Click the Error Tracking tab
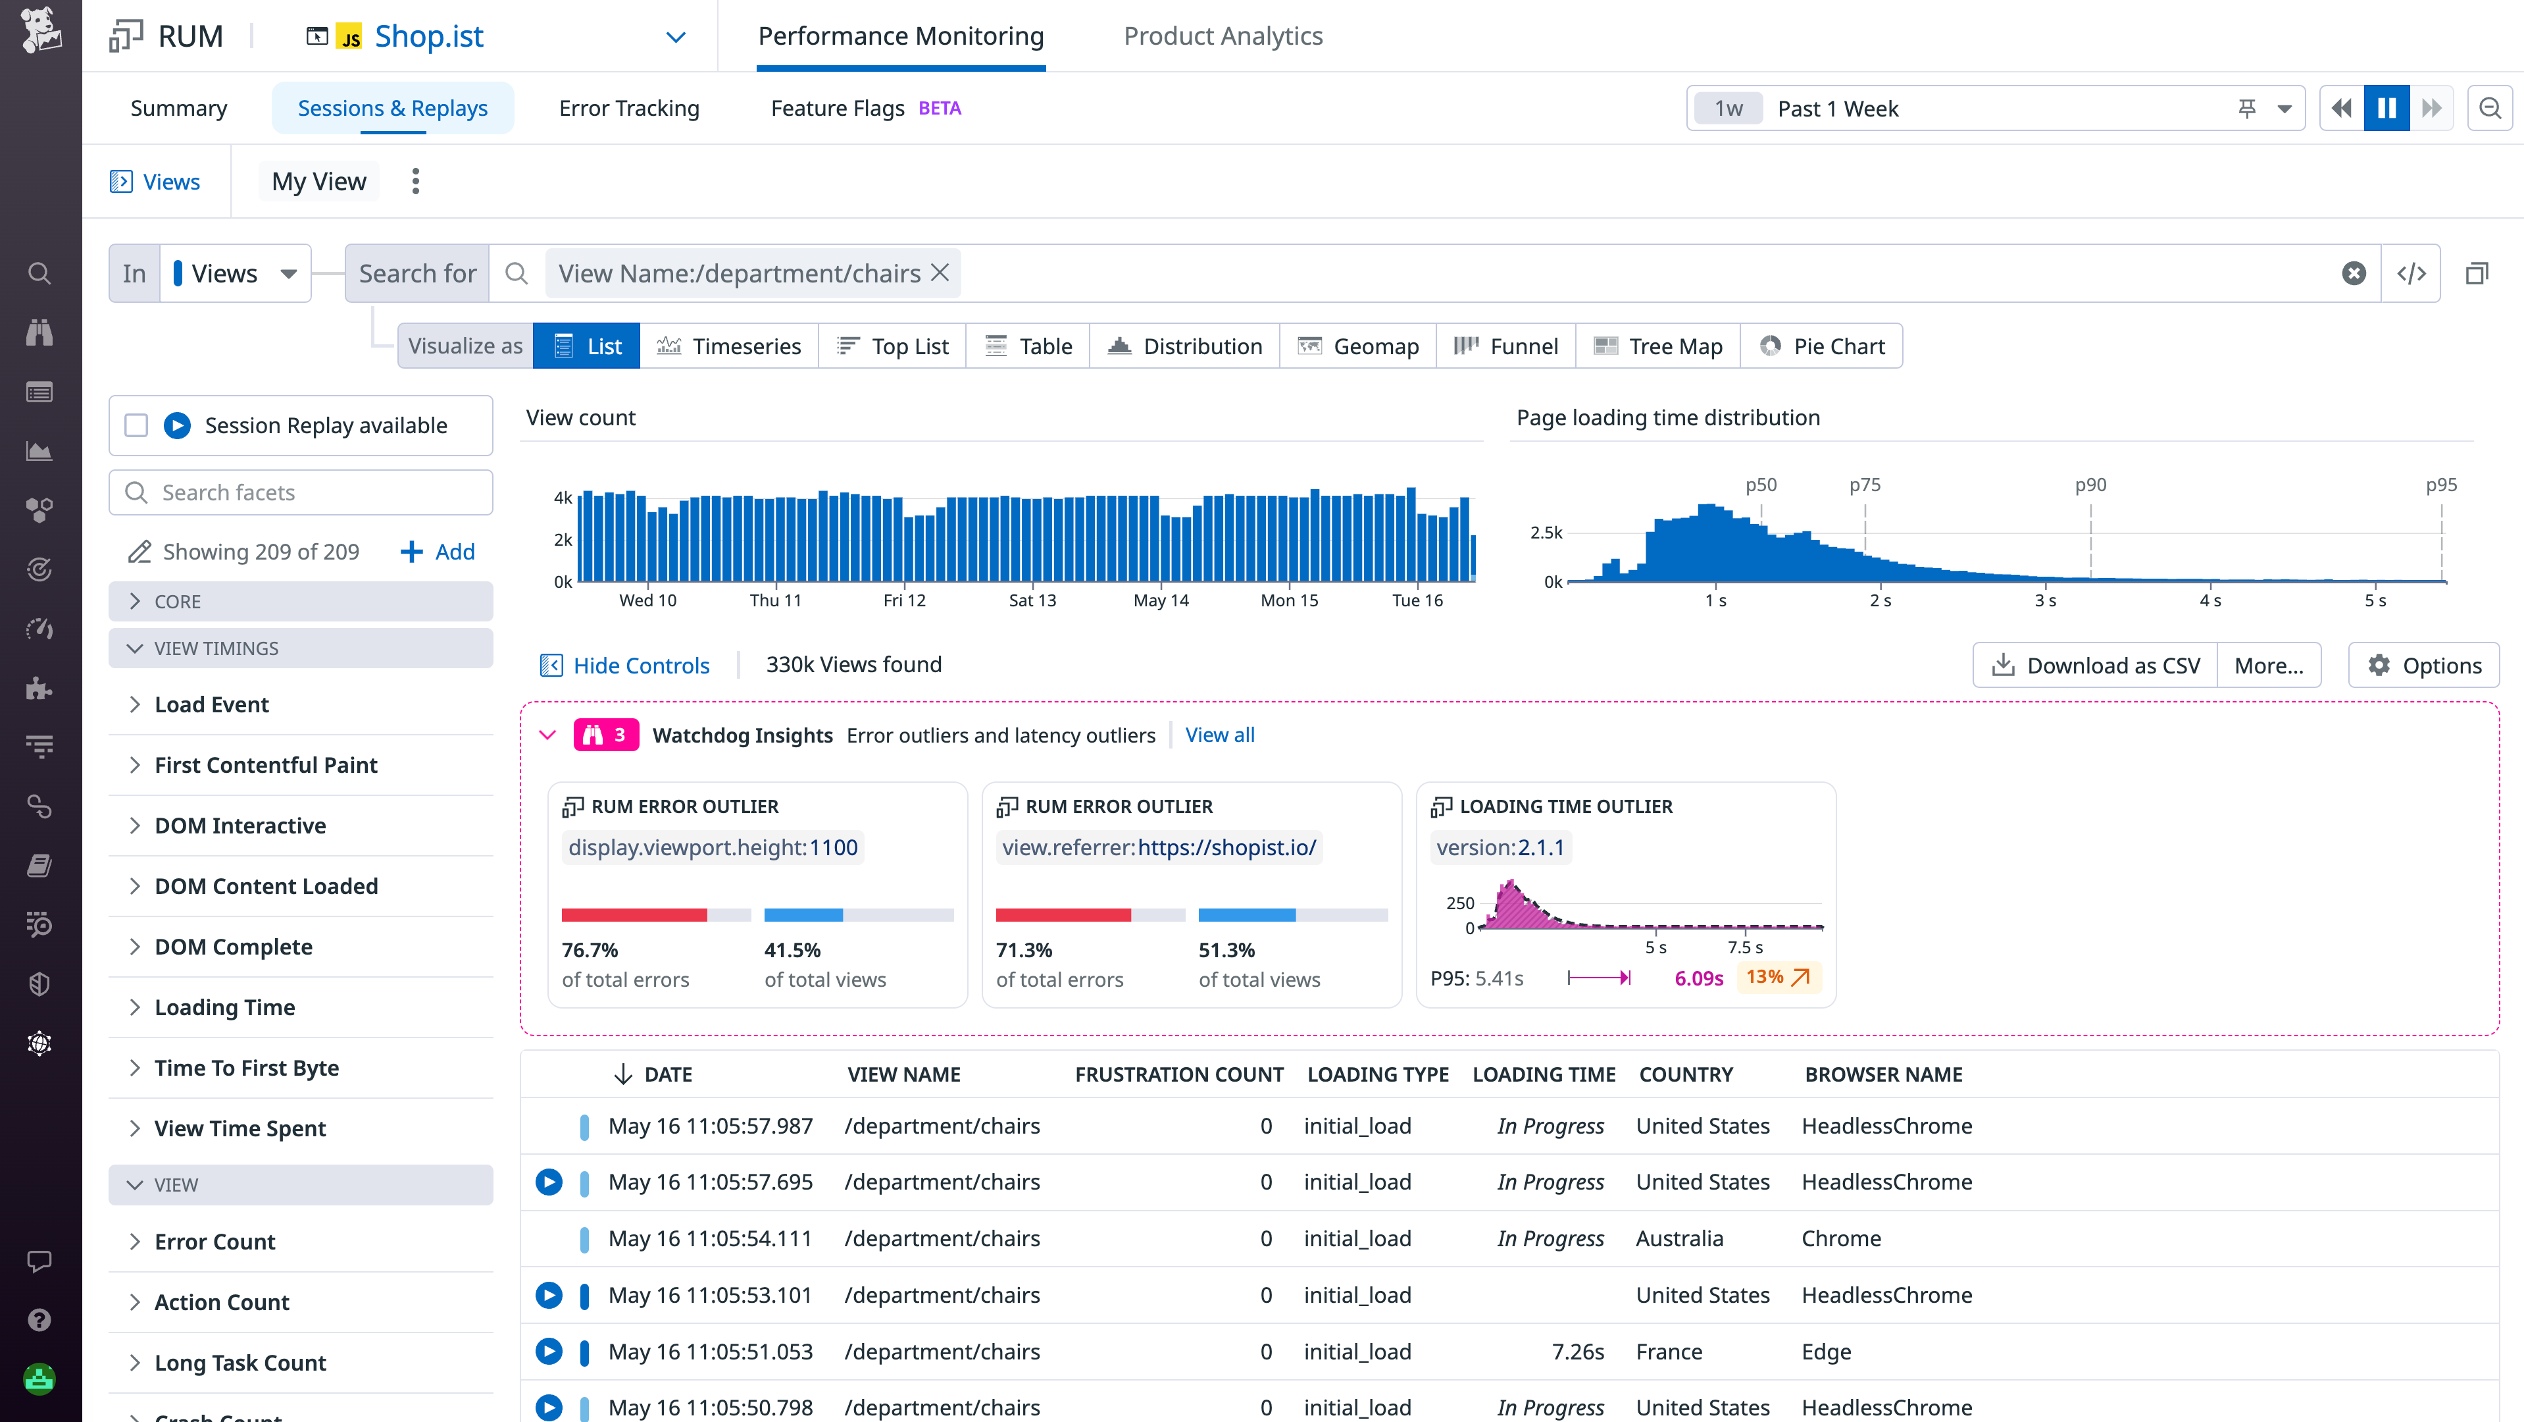pyautogui.click(x=628, y=108)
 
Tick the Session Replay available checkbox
pyautogui.click(x=136, y=425)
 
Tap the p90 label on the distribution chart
pyautogui.click(x=2090, y=485)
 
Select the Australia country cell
pyautogui.click(x=1678, y=1239)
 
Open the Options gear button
pyautogui.click(x=2424, y=666)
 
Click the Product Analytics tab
pyautogui.click(x=1222, y=36)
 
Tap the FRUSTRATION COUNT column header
pyautogui.click(x=1178, y=1074)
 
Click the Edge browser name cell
pyautogui.click(x=1825, y=1352)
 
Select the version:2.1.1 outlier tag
pyautogui.click(x=1500, y=848)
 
